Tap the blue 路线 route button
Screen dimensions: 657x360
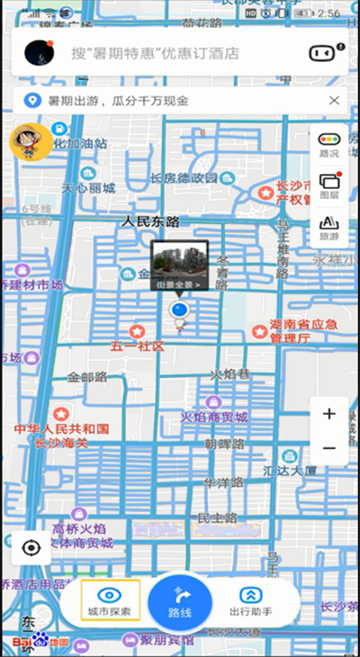[180, 602]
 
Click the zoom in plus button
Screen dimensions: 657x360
[329, 414]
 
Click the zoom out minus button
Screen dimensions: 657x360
[329, 447]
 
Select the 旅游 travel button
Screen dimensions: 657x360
[329, 228]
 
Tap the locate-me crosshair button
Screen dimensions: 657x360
[32, 547]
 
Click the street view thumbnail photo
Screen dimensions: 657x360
[180, 265]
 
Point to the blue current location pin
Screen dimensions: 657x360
[178, 311]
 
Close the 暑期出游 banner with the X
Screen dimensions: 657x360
[334, 100]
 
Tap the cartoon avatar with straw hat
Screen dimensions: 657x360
[30, 142]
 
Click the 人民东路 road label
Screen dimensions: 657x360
[150, 221]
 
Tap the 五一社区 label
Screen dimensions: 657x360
[138, 346]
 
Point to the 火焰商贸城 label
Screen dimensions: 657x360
[213, 417]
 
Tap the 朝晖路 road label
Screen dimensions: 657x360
[224, 444]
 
